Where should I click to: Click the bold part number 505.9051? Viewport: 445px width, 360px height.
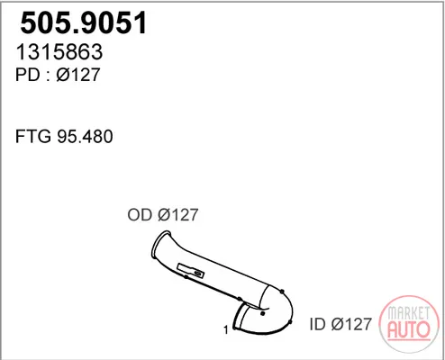[x=83, y=23]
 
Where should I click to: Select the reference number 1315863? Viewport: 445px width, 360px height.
[x=59, y=52]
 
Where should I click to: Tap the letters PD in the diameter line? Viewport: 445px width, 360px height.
[x=28, y=75]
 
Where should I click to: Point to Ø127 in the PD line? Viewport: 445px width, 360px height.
[x=78, y=75]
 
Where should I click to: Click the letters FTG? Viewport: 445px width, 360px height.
[x=33, y=137]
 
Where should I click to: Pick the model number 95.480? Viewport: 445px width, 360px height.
[x=85, y=137]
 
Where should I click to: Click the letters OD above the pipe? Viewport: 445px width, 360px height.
[x=140, y=215]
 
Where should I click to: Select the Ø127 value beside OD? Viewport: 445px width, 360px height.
[x=178, y=215]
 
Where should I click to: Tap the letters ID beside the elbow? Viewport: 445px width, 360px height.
[x=317, y=324]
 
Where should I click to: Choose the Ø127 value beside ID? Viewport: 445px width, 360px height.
[x=351, y=324]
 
